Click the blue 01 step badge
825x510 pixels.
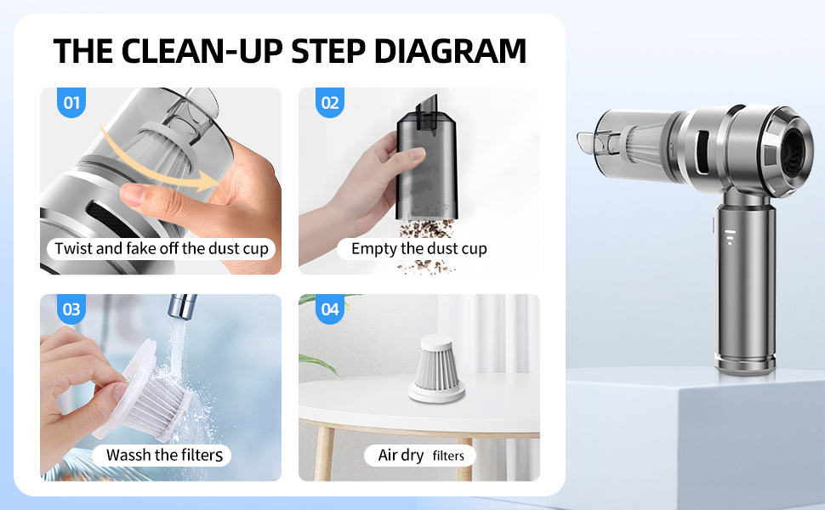(x=71, y=103)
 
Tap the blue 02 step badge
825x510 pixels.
(x=330, y=103)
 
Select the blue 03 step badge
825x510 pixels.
(x=71, y=309)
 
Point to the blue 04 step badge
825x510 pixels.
(x=330, y=309)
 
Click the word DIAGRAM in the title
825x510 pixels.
(x=450, y=51)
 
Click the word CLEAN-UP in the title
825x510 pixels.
(x=202, y=51)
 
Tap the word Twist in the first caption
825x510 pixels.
(x=73, y=248)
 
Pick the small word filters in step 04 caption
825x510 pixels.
(x=448, y=456)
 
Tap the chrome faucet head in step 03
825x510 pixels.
(x=182, y=307)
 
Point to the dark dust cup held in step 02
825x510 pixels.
(x=426, y=163)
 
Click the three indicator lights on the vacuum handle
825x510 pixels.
(x=729, y=237)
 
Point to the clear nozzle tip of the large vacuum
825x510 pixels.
(x=589, y=141)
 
